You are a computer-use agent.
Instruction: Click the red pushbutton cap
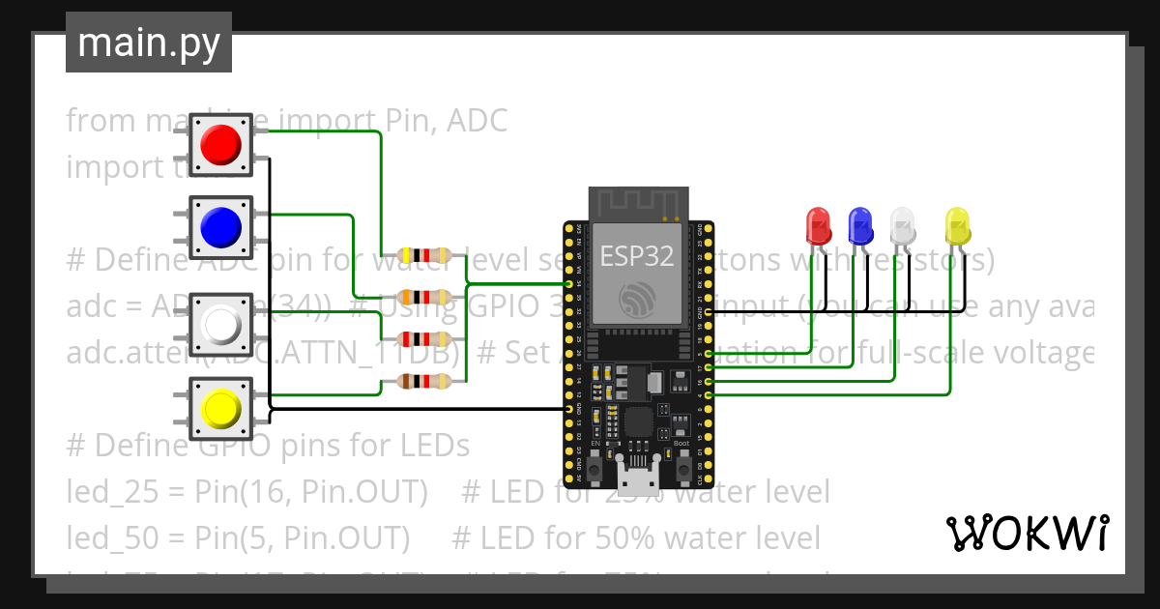(x=220, y=145)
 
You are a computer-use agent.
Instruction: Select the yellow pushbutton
(x=220, y=407)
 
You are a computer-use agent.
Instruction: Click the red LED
(x=818, y=226)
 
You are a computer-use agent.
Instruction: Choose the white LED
(x=902, y=226)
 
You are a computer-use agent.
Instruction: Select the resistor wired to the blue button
(x=424, y=297)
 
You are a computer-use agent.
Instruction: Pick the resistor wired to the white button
(x=424, y=339)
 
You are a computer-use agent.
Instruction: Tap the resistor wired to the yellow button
(x=424, y=382)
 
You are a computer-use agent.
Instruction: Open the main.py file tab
(x=149, y=43)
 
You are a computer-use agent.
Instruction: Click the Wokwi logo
(x=1027, y=533)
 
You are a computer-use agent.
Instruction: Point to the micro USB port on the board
(x=637, y=478)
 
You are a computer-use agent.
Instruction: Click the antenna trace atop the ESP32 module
(x=638, y=204)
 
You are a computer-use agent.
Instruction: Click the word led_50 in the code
(x=101, y=536)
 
